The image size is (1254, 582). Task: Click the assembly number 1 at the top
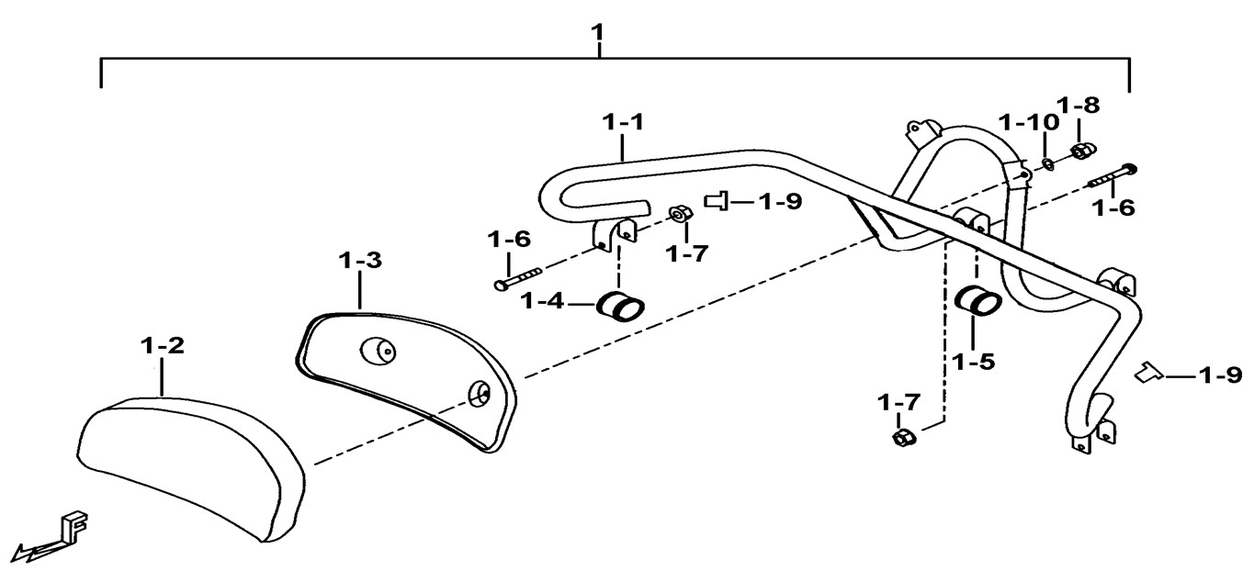pyautogui.click(x=598, y=35)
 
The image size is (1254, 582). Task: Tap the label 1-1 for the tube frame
pyautogui.click(x=624, y=122)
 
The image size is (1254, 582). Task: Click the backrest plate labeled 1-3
pyautogui.click(x=404, y=376)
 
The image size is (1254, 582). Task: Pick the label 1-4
pyautogui.click(x=546, y=301)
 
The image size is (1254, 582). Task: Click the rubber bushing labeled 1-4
pyautogui.click(x=621, y=306)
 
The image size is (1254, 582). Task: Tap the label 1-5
pyautogui.click(x=974, y=362)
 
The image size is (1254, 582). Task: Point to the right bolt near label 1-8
pyautogui.click(x=1111, y=175)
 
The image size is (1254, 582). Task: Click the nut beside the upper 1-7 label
pyautogui.click(x=678, y=214)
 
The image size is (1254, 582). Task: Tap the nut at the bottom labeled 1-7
pyautogui.click(x=901, y=437)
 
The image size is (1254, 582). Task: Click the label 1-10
pyautogui.click(x=1028, y=122)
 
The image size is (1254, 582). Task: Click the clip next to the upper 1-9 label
pyautogui.click(x=717, y=200)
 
